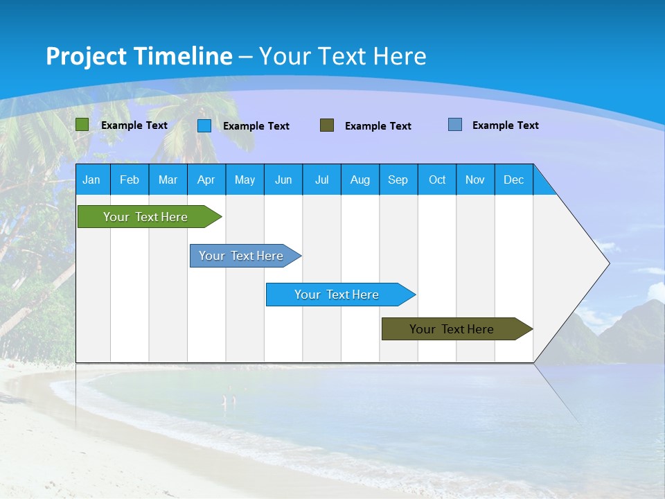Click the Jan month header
[x=91, y=180]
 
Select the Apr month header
[x=206, y=180]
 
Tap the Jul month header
[x=321, y=180]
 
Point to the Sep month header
[x=398, y=180]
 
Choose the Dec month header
[x=513, y=180]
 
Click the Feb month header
[x=130, y=180]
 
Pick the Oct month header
[x=437, y=180]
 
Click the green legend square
[x=82, y=125]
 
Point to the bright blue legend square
[x=204, y=125]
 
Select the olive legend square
[x=327, y=125]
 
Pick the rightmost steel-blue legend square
[x=455, y=125]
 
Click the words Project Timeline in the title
[x=139, y=56]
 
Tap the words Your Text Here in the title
[x=342, y=56]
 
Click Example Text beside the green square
[x=134, y=125]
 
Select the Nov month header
[x=475, y=180]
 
